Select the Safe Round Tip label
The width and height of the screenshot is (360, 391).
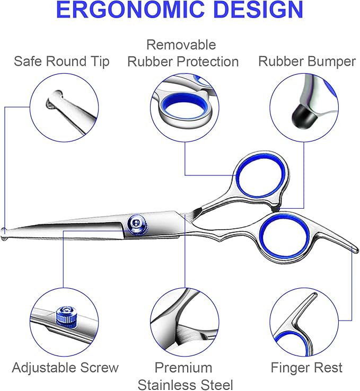pos(62,61)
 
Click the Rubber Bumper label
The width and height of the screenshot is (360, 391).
pos(306,61)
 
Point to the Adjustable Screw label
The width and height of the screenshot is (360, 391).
pos(65,367)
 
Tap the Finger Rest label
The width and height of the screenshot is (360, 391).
pos(306,367)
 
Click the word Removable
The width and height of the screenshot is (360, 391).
pos(181,45)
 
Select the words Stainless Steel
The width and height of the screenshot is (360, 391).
pos(185,384)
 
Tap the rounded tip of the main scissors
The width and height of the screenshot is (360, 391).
pos(5,231)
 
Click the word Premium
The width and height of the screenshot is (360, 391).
pos(183,367)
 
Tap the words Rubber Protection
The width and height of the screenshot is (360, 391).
pos(183,61)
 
